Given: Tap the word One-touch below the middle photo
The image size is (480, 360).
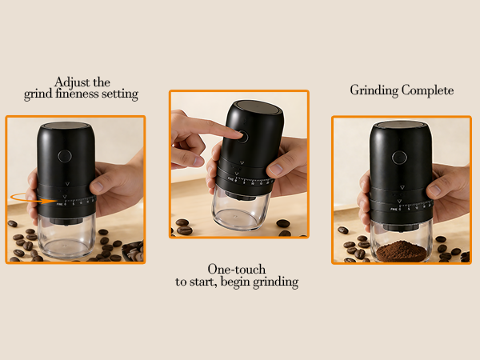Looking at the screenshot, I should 237,270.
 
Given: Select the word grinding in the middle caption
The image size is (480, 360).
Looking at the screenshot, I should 271,282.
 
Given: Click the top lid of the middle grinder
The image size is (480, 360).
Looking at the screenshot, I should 254,111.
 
